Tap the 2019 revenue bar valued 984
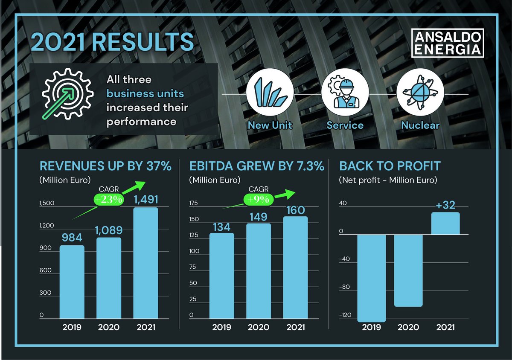72,282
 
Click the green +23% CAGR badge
108,200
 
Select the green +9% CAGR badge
257,199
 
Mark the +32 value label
446,206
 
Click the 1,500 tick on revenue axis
47,203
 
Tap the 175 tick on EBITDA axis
194,203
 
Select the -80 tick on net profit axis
344,287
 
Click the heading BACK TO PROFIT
390,166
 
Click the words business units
145,93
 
